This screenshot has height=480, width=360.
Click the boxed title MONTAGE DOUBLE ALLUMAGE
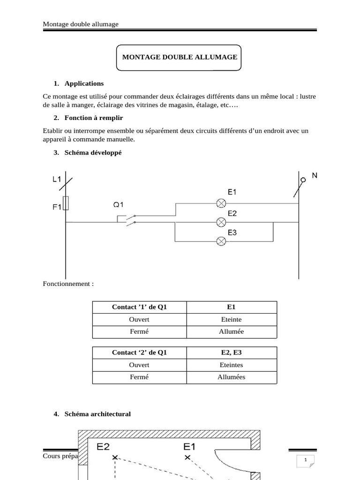click(180, 57)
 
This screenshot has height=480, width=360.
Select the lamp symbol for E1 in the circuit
click(221, 203)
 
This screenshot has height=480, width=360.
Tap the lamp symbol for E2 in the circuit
click(221, 222)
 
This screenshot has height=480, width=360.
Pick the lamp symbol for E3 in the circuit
click(221, 241)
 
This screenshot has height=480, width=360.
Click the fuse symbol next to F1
click(66, 203)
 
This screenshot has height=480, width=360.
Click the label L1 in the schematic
click(57, 179)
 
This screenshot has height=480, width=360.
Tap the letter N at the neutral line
click(315, 176)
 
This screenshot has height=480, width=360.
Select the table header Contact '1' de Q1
click(139, 307)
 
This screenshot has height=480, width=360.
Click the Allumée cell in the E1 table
click(232, 331)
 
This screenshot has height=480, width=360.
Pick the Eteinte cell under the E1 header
click(232, 319)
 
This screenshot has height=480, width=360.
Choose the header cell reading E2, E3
click(232, 353)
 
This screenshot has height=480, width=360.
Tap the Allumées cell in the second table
click(232, 377)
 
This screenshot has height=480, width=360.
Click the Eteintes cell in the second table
click(232, 365)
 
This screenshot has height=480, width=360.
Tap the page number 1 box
click(305, 460)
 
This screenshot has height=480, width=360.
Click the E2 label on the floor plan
click(104, 447)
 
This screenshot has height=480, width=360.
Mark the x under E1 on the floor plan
click(187, 457)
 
